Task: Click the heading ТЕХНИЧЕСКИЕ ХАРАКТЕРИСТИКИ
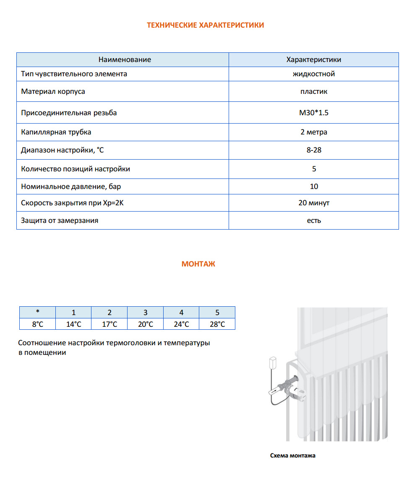(x=205, y=25)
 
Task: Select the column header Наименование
(x=125, y=59)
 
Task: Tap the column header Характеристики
(x=313, y=59)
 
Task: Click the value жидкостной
(x=313, y=74)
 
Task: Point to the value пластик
(x=313, y=91)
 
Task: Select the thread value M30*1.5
(x=313, y=113)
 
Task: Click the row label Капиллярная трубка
(x=56, y=132)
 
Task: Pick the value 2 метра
(x=313, y=132)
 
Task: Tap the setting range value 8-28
(x=313, y=150)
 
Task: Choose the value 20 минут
(x=313, y=203)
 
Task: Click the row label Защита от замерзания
(x=60, y=220)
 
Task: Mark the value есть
(x=313, y=220)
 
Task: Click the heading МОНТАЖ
(x=198, y=264)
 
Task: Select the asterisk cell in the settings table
(x=37, y=312)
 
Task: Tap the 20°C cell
(x=145, y=324)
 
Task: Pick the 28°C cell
(x=217, y=324)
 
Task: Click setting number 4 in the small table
(x=181, y=312)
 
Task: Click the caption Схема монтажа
(x=292, y=455)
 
